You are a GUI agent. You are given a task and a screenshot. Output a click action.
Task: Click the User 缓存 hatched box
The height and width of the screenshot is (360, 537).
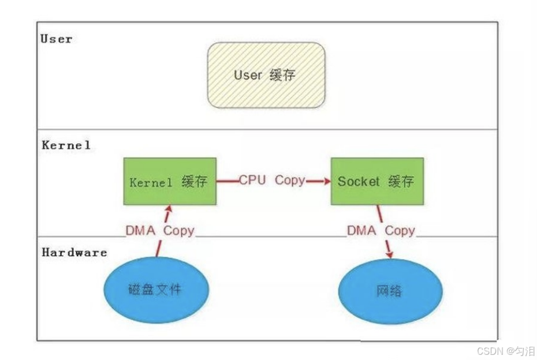(266, 75)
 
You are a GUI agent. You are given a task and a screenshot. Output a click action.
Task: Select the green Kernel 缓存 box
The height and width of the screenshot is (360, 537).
(170, 181)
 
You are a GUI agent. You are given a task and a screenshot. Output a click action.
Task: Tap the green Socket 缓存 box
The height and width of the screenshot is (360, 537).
(376, 181)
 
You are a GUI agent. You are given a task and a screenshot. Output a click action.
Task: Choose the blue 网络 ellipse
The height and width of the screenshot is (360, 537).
(391, 290)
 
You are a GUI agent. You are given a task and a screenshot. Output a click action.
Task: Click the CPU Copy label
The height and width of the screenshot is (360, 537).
(272, 181)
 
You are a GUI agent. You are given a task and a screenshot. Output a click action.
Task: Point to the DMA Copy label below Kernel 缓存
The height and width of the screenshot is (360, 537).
(160, 231)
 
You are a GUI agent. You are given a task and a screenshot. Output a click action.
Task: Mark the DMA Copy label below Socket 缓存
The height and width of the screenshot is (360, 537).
(381, 231)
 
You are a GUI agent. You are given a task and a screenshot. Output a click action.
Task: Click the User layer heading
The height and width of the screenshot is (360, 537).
(56, 39)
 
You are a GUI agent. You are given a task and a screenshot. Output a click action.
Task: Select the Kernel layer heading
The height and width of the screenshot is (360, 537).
(66, 145)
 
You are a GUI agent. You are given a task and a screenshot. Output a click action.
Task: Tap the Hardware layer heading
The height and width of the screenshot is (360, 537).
(74, 252)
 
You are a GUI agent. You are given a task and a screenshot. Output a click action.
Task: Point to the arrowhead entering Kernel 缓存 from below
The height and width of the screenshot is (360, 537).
(169, 209)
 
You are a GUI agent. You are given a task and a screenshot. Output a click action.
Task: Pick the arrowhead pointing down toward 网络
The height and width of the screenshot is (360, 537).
(390, 254)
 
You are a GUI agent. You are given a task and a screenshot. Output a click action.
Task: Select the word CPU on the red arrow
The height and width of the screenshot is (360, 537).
(252, 180)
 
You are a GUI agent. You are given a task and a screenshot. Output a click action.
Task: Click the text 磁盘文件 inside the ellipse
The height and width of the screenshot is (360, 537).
(155, 288)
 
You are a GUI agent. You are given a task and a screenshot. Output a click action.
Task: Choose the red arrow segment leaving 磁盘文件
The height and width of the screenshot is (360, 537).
(159, 249)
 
